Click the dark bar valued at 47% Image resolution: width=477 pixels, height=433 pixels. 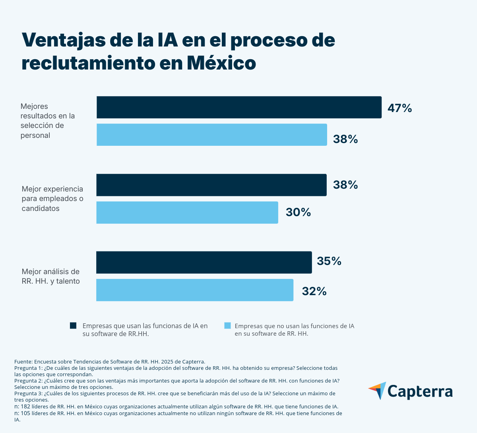pyautogui.click(x=239, y=107)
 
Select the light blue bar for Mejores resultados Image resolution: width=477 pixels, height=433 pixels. pyautogui.click(x=212, y=135)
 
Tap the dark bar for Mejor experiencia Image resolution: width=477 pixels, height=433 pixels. pyautogui.click(x=211, y=185)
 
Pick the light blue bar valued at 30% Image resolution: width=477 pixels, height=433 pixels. pyautogui.click(x=187, y=212)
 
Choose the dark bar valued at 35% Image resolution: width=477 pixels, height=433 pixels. pyautogui.click(x=204, y=262)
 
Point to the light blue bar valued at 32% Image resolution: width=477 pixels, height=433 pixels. pyautogui.click(x=195, y=290)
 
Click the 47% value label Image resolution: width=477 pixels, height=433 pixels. pyautogui.click(x=399, y=108)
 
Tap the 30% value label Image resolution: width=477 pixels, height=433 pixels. pyautogui.click(x=298, y=213)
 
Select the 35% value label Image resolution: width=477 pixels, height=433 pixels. pyautogui.click(x=329, y=261)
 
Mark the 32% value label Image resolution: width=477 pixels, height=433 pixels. pyautogui.click(x=314, y=292)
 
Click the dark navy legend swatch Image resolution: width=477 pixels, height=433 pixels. pyautogui.click(x=73, y=326)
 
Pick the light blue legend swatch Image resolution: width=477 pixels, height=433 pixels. pyautogui.click(x=227, y=326)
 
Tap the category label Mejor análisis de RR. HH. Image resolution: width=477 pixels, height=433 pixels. pyautogui.click(x=50, y=276)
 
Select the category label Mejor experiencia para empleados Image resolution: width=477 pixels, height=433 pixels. pyautogui.click(x=52, y=199)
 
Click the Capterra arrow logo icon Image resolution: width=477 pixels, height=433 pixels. pyautogui.click(x=378, y=390)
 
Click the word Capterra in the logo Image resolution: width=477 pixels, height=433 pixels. pyautogui.click(x=420, y=391)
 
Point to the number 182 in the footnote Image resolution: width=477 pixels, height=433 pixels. pyautogui.click(x=26, y=407)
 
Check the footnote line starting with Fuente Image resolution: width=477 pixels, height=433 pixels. pyautogui.click(x=110, y=361)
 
